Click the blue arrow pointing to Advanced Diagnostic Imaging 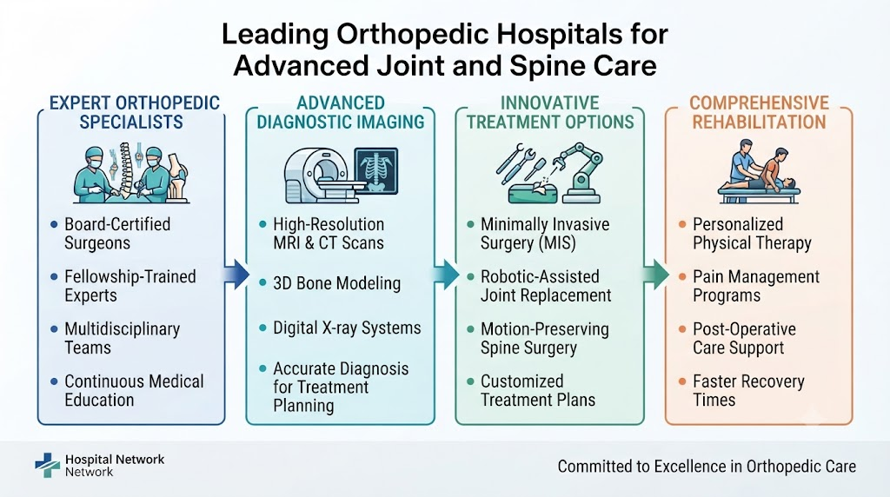[236, 275]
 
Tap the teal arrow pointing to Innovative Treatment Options [446, 275]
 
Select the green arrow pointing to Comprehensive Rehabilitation [656, 275]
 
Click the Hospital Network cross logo [47, 465]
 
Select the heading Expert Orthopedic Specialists [135, 112]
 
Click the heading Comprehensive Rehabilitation [759, 112]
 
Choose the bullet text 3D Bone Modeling [336, 283]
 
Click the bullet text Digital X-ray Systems [347, 328]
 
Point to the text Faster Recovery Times [748, 390]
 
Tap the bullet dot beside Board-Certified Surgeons [54, 225]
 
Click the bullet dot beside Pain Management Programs [682, 277]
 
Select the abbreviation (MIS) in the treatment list [556, 243]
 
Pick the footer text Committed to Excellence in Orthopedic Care [707, 467]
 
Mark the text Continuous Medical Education [134, 390]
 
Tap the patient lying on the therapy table [760, 182]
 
